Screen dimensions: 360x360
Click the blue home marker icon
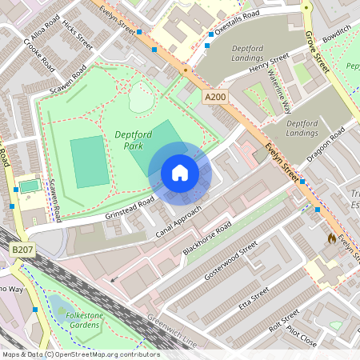179,173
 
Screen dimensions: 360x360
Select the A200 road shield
214,97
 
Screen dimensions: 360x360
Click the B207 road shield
23,251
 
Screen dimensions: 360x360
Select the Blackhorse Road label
207,239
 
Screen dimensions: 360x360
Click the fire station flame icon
332,238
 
